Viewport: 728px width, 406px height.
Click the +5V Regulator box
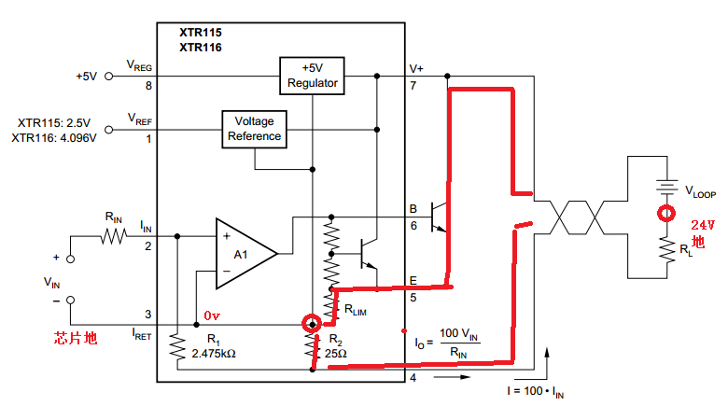[313, 76]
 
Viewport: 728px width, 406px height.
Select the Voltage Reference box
[255, 130]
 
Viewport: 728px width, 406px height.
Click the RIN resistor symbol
[114, 237]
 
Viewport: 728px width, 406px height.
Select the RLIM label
[356, 311]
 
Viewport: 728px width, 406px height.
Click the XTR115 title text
[201, 32]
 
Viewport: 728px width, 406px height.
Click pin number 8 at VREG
[147, 86]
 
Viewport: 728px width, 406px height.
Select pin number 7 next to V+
[413, 86]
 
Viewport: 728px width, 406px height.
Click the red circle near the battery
[665, 214]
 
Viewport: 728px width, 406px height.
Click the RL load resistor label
[686, 249]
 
